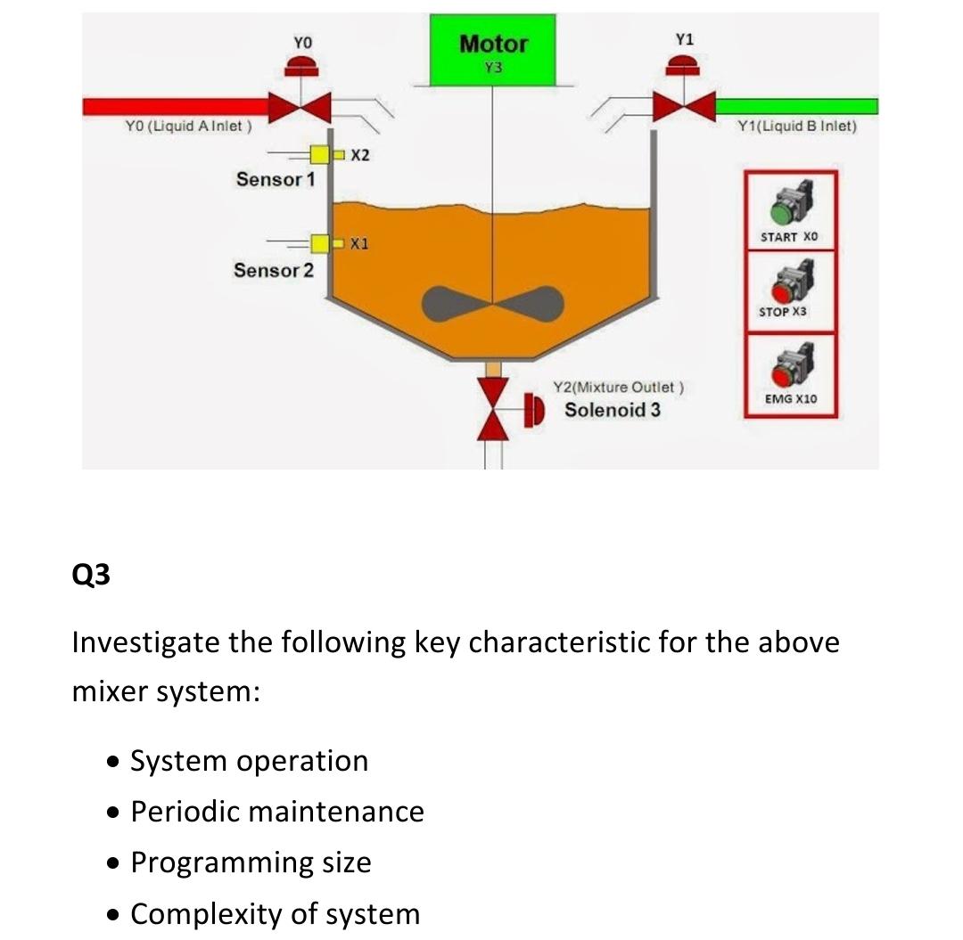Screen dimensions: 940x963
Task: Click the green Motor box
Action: (492, 51)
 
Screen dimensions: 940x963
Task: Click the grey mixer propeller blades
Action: (492, 304)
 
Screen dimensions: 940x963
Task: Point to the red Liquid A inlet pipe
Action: (178, 107)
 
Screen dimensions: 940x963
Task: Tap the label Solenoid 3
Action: (613, 411)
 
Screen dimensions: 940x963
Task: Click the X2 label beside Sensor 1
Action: (360, 157)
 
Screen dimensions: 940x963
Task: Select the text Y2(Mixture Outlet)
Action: (618, 388)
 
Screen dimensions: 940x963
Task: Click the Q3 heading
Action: (91, 575)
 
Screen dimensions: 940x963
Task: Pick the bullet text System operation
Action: (249, 761)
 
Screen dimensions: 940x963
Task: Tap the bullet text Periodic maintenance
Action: (276, 812)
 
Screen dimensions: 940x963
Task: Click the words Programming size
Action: (251, 862)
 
